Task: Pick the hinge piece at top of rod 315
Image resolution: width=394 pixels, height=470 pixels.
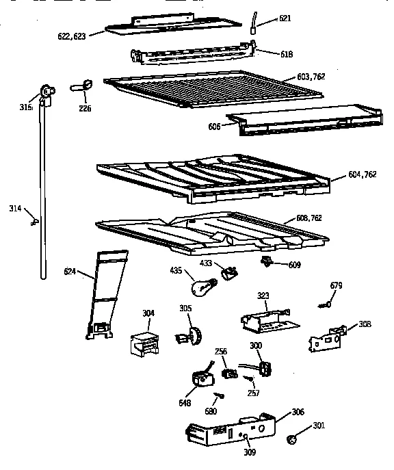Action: click(x=47, y=92)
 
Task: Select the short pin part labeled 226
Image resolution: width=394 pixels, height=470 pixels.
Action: click(x=83, y=85)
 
